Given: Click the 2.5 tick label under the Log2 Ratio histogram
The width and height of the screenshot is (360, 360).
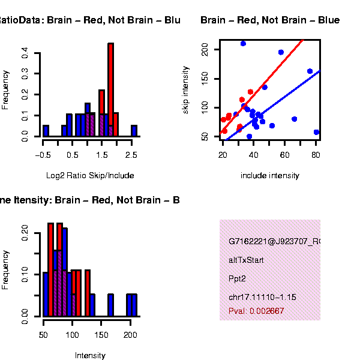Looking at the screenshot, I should (x=132, y=155).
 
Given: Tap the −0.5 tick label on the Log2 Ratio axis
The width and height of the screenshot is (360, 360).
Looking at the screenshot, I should (x=43, y=155).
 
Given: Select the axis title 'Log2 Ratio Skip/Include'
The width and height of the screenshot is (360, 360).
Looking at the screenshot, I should (x=90, y=176).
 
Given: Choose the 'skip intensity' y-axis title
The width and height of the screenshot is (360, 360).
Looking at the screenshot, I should (x=186, y=89).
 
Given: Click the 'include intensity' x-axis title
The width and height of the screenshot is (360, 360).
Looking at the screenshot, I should (x=270, y=176).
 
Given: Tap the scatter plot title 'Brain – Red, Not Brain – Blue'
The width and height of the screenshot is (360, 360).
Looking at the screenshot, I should (x=270, y=21).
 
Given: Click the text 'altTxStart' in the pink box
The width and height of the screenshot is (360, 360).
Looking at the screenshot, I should (x=246, y=260).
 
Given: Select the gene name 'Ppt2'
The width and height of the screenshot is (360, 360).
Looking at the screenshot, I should (x=237, y=279).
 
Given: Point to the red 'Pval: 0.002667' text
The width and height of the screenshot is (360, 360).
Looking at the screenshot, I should (x=256, y=311).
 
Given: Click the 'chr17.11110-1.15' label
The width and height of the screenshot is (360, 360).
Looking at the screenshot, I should (x=262, y=298).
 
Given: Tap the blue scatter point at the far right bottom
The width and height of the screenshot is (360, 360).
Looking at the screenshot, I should (x=316, y=132).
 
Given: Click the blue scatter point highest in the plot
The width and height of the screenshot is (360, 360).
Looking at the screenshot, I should (x=243, y=43).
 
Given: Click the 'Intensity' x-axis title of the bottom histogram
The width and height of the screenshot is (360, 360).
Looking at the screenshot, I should (x=90, y=355).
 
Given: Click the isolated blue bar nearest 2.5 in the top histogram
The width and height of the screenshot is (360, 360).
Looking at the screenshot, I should (x=134, y=131).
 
